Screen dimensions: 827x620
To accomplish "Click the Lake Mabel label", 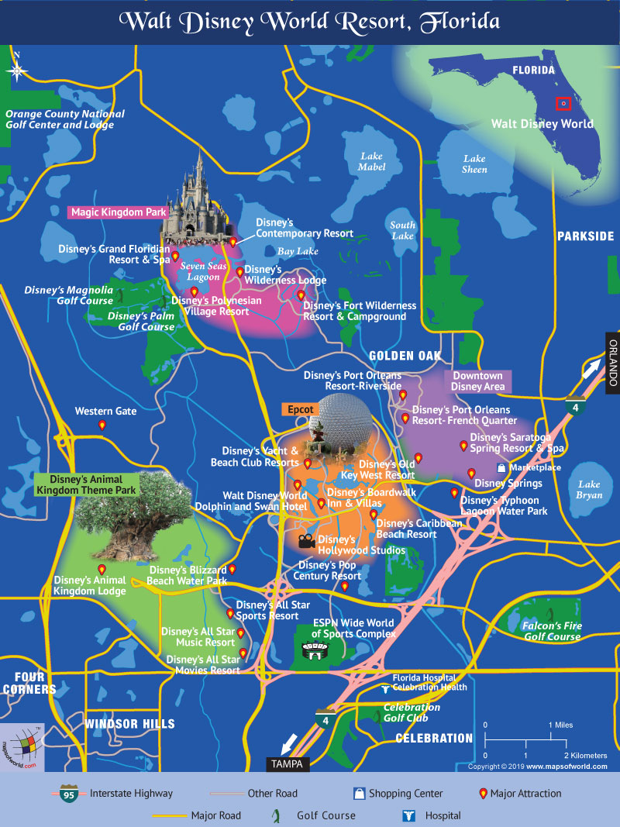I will tap(371, 161).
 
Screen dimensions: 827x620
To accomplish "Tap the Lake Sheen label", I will tap(474, 164).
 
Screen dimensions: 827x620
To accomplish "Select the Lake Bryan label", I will tap(589, 490).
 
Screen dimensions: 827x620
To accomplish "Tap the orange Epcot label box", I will tap(300, 408).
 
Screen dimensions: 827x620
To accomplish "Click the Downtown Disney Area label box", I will tap(477, 381).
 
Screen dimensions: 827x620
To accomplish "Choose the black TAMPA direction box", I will tap(288, 763).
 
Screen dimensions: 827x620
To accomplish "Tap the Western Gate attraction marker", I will tap(102, 426).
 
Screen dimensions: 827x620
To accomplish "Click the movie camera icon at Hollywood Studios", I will tap(305, 540).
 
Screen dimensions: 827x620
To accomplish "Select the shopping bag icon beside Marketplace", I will tap(502, 468).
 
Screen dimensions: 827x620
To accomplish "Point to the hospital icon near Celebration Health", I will tap(384, 687).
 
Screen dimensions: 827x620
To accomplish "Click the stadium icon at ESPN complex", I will tap(315, 655).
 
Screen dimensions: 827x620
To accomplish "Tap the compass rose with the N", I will tap(17, 70).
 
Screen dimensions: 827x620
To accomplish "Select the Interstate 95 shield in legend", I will tap(69, 794).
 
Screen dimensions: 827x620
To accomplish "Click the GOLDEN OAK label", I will tap(405, 356).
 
